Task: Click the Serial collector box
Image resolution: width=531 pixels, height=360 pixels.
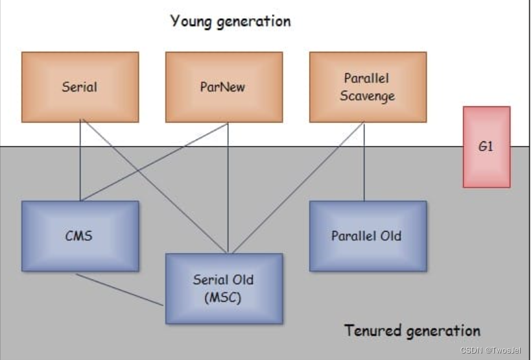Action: pyautogui.click(x=80, y=87)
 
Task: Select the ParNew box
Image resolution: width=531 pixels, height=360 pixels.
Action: pyautogui.click(x=224, y=87)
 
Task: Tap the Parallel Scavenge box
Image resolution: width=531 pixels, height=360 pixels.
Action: pyautogui.click(x=368, y=87)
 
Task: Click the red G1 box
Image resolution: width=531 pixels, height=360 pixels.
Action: pyautogui.click(x=486, y=147)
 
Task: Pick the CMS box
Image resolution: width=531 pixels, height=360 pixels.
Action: pyautogui.click(x=80, y=235)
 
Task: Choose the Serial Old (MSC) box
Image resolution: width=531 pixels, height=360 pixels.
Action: pyautogui.click(x=224, y=289)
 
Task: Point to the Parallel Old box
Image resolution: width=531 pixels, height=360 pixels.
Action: pyautogui.click(x=368, y=235)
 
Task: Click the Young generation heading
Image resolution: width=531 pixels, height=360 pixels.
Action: pyautogui.click(x=231, y=21)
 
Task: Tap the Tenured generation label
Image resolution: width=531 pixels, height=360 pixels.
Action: pyautogui.click(x=412, y=330)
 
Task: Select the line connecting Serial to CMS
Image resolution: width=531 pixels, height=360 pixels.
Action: pyautogui.click(x=80, y=162)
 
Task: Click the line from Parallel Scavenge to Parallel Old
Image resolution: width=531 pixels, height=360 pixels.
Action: pyautogui.click(x=364, y=162)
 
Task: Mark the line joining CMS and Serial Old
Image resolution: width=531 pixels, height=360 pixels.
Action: pyautogui.click(x=120, y=289)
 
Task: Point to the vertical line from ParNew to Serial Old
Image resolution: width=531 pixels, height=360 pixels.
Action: pyautogui.click(x=228, y=188)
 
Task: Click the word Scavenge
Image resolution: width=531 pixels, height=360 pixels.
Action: pyautogui.click(x=368, y=96)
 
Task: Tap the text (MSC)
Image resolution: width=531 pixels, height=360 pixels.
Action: pyautogui.click(x=224, y=298)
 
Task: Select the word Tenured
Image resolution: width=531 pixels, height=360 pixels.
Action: pyautogui.click(x=373, y=330)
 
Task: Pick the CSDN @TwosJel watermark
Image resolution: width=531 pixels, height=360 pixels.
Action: pyautogui.click(x=491, y=350)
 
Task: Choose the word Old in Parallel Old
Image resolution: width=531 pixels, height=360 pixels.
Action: pyautogui.click(x=390, y=235)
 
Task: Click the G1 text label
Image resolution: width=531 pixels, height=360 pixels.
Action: pyautogui.click(x=486, y=147)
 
